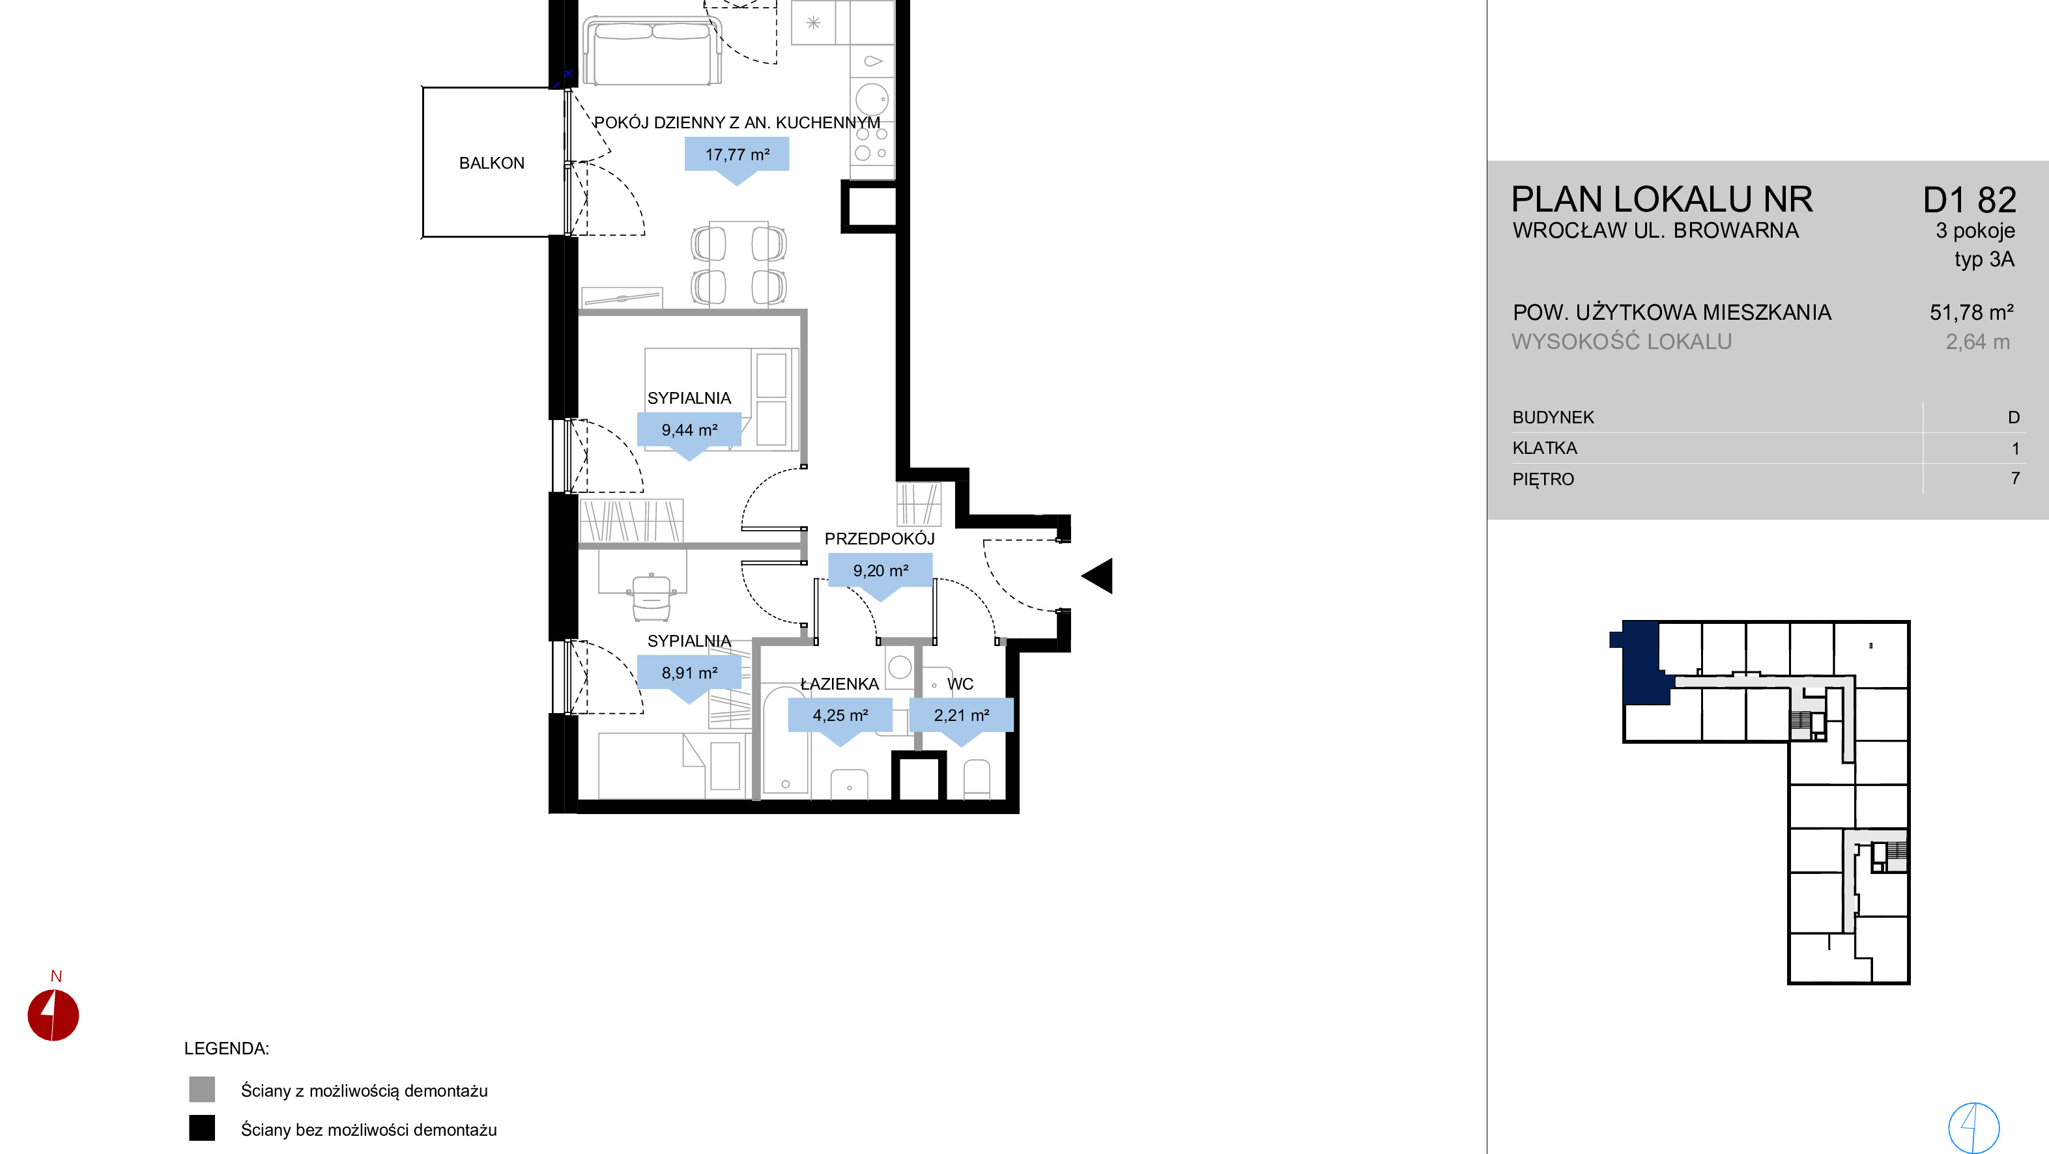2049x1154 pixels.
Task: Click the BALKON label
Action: click(492, 163)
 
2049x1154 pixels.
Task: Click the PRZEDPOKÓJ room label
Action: click(879, 539)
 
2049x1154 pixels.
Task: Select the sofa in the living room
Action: click(652, 51)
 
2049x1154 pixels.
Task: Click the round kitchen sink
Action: click(872, 100)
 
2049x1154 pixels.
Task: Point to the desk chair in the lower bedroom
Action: click(652, 598)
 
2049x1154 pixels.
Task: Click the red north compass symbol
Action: click(53, 1015)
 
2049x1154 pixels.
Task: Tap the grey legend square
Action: click(202, 1090)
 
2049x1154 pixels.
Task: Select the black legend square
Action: click(202, 1128)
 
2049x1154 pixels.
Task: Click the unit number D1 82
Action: click(1970, 200)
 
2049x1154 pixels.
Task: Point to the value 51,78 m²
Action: click(1971, 313)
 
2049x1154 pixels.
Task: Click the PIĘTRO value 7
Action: click(2015, 479)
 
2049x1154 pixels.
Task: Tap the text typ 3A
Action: click(1985, 260)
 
